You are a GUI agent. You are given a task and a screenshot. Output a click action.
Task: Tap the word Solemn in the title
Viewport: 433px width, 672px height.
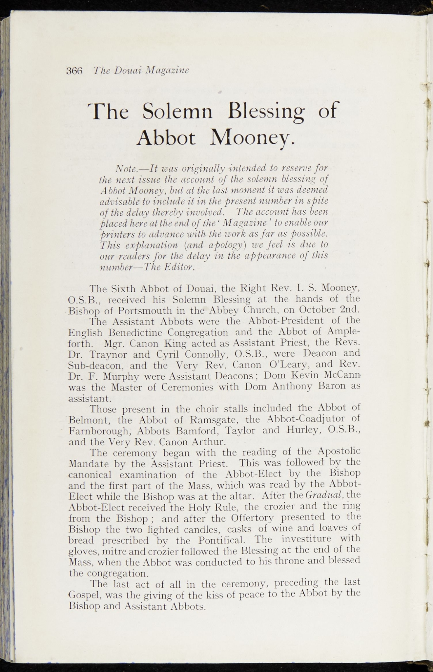pyautogui.click(x=178, y=112)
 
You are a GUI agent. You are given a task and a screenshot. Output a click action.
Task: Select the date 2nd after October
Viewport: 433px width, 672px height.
pyautogui.click(x=350, y=309)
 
